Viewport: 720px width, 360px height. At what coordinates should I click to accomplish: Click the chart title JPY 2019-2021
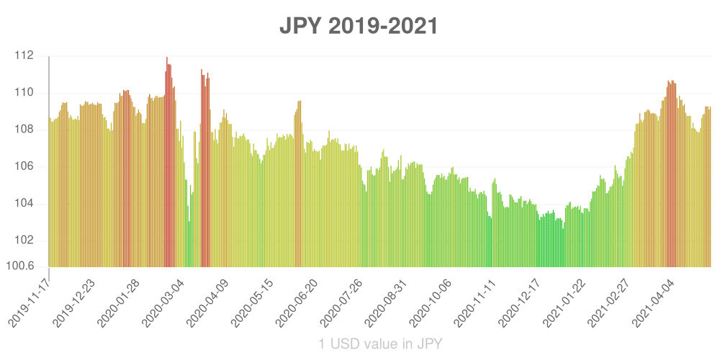pos(359,27)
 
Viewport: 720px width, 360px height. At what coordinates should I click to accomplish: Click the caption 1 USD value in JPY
pos(380,344)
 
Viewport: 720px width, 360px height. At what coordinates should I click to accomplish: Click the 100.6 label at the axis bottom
pos(20,266)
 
